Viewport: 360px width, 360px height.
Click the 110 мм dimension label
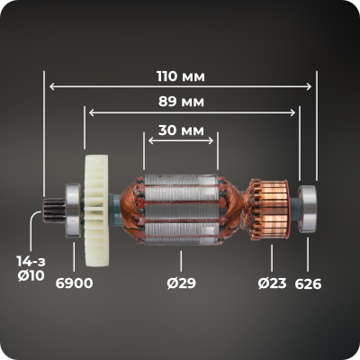pyautogui.click(x=181, y=76)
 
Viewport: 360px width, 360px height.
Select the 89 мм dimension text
pyautogui.click(x=181, y=102)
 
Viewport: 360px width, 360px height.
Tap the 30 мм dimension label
pyautogui.click(x=181, y=130)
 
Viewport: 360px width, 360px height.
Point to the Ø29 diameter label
pyautogui.click(x=181, y=283)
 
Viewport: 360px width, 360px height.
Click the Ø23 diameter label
pyautogui.click(x=272, y=283)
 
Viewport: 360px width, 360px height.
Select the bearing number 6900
pyautogui.click(x=74, y=283)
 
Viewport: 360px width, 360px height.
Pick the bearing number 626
pyautogui.click(x=308, y=283)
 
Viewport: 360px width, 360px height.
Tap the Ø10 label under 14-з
pyautogui.click(x=31, y=275)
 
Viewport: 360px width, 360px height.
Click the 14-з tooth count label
pyautogui.click(x=31, y=262)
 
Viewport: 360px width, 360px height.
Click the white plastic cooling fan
pyautogui.click(x=96, y=211)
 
